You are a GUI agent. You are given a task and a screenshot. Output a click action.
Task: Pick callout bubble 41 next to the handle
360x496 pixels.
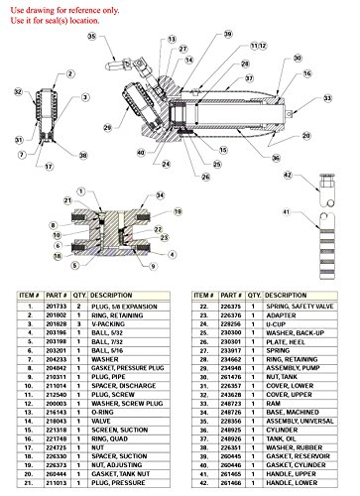(287, 211)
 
